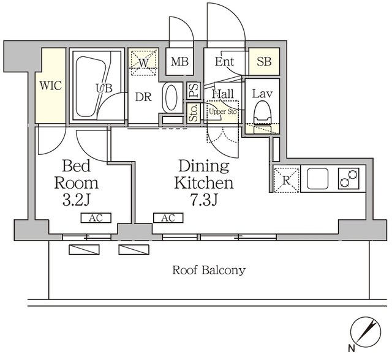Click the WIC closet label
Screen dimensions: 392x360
pyautogui.click(x=51, y=86)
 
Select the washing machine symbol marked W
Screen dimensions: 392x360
pyautogui.click(x=144, y=62)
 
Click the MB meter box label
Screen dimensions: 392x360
pyautogui.click(x=179, y=61)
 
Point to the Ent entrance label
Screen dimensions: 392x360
pyautogui.click(x=225, y=61)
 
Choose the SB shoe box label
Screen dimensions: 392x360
pyautogui.click(x=264, y=61)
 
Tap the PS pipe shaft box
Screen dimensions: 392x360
pyautogui.click(x=194, y=91)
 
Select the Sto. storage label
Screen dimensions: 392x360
pyautogui.click(x=194, y=113)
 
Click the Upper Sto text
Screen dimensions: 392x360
pyautogui.click(x=223, y=111)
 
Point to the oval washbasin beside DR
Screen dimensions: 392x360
pyautogui.click(x=171, y=97)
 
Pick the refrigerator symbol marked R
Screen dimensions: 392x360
pyautogui.click(x=287, y=180)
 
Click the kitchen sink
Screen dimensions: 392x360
pyautogui.click(x=317, y=179)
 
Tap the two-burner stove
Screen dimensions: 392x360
pyautogui.click(x=349, y=178)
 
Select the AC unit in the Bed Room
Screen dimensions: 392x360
pyautogui.click(x=96, y=218)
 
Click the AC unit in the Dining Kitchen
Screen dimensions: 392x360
pyautogui.click(x=168, y=218)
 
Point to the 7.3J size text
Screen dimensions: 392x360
pyautogui.click(x=203, y=200)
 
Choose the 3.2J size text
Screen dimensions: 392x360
pyautogui.click(x=76, y=200)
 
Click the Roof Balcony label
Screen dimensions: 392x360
pyautogui.click(x=209, y=271)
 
